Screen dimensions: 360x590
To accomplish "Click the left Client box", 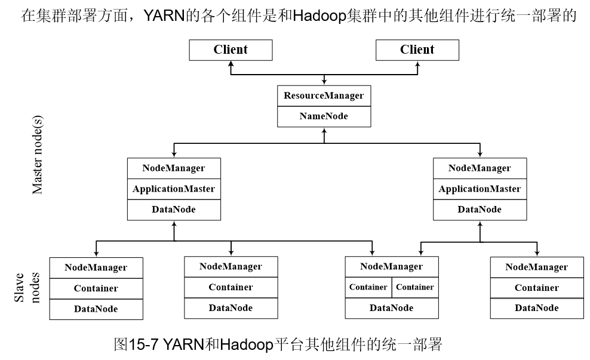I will coord(231,50).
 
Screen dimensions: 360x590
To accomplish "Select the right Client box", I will coord(417,50).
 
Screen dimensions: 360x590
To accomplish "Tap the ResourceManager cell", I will coord(323,96).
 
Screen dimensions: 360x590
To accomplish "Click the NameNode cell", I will coord(323,116).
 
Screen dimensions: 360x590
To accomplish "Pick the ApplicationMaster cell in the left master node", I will coord(174,189).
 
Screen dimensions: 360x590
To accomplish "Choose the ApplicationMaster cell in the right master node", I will coord(480,189).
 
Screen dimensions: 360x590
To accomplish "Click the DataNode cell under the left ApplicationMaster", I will coord(174,210).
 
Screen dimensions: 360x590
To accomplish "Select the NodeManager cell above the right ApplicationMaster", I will coord(480,168).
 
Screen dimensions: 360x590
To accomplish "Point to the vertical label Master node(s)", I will coord(37,155).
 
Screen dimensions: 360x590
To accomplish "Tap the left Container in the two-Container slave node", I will coord(368,287).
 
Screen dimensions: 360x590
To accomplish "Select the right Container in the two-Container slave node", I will coord(415,287).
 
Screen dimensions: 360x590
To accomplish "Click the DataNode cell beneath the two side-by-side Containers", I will coord(391,308).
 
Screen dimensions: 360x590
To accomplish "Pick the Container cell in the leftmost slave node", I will coord(96,288).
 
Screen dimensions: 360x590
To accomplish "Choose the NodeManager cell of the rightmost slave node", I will coord(536,267).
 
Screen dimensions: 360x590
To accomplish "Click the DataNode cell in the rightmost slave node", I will coord(536,308).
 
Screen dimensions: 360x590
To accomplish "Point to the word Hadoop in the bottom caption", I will coord(245,345).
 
